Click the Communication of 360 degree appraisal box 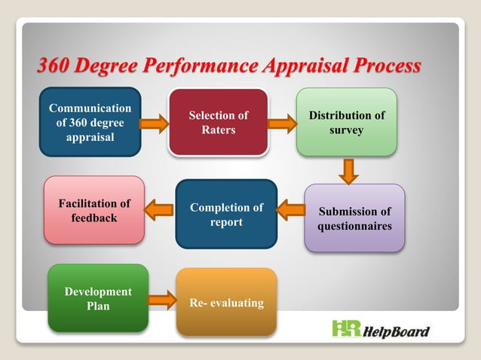pyautogui.click(x=90, y=122)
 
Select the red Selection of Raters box pyautogui.click(x=218, y=122)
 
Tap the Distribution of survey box pyautogui.click(x=346, y=122)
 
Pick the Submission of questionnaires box pyautogui.click(x=354, y=218)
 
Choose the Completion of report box pyautogui.click(x=226, y=214)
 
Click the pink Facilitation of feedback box pyautogui.click(x=94, y=210)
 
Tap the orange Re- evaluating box pyautogui.click(x=226, y=302)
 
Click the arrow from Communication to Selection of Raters pyautogui.click(x=154, y=123)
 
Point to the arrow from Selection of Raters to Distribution pyautogui.click(x=282, y=123)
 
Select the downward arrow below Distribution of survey pyautogui.click(x=347, y=170)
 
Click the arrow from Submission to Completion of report pyautogui.click(x=290, y=209)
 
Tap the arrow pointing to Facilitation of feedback pyautogui.click(x=160, y=209)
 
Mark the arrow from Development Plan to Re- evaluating pyautogui.click(x=162, y=300)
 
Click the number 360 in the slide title pyautogui.click(x=55, y=66)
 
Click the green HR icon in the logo pyautogui.click(x=346, y=329)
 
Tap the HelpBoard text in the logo pyautogui.click(x=397, y=331)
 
